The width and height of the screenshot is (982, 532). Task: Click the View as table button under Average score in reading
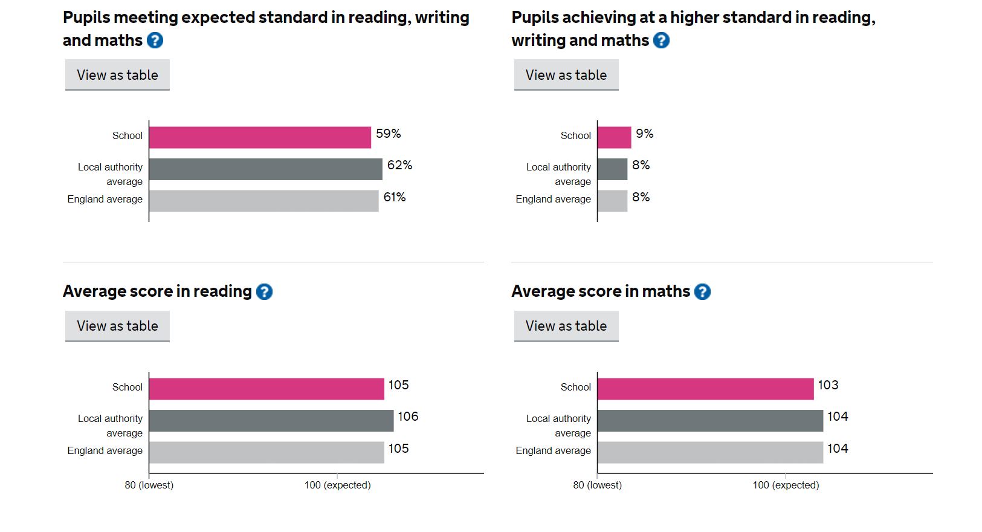tap(117, 326)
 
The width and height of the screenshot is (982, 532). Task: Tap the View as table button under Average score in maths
tap(566, 326)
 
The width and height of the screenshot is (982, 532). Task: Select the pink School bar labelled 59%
tap(260, 137)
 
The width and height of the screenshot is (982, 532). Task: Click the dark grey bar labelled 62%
tap(265, 169)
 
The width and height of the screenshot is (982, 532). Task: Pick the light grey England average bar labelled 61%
tap(263, 201)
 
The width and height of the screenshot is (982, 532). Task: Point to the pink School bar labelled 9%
tap(614, 137)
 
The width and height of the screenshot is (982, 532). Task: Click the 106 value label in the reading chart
tap(408, 417)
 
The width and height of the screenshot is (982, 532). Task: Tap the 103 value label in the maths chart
tap(828, 385)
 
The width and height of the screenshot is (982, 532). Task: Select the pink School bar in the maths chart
tap(705, 389)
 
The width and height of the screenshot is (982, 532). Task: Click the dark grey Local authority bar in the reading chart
tap(271, 421)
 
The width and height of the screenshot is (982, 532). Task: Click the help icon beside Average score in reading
tap(264, 292)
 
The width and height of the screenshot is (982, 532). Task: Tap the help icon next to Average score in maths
tap(702, 292)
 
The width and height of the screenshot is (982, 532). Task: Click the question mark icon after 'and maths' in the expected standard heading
tap(155, 41)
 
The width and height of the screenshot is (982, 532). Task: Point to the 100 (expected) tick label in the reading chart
tap(337, 485)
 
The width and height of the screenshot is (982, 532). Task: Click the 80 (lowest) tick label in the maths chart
tap(597, 485)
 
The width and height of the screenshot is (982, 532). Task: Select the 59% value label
tap(388, 134)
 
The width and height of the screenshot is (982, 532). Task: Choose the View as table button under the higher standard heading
tap(566, 75)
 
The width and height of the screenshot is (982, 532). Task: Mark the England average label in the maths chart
tap(553, 450)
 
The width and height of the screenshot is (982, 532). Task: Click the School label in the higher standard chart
tap(575, 135)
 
